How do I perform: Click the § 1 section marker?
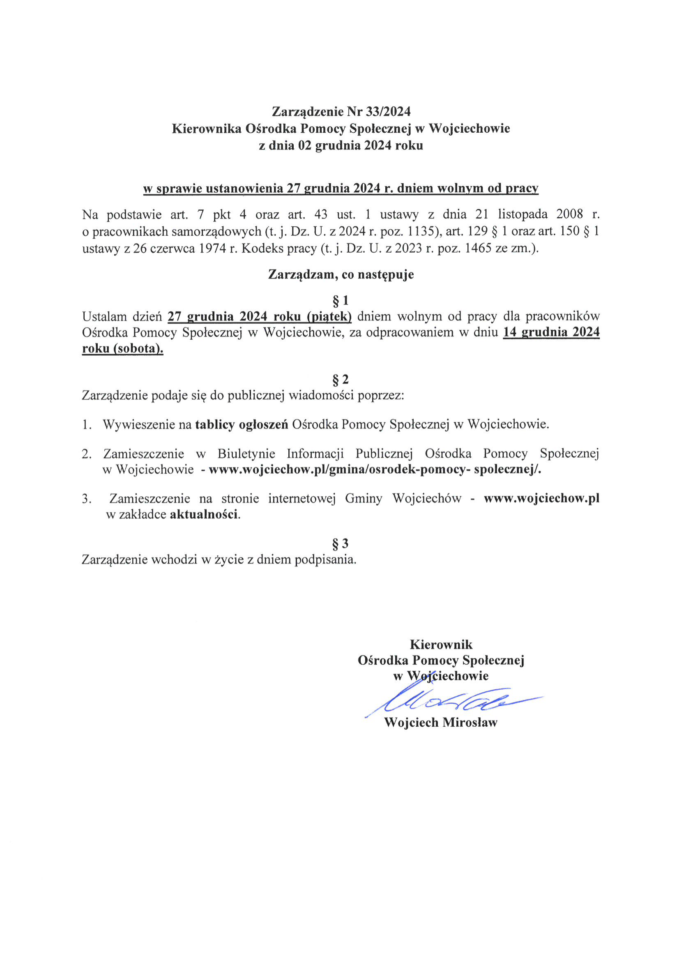[340, 301]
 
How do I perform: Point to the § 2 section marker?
[340, 379]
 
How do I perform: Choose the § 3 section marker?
[340, 543]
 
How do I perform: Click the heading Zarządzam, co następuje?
[341, 275]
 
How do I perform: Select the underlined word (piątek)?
[329, 317]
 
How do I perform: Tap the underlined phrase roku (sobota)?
[122, 348]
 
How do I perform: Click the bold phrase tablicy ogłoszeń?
[242, 424]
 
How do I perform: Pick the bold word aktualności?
[204, 514]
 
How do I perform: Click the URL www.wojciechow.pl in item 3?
[541, 498]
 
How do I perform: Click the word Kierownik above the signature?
[441, 645]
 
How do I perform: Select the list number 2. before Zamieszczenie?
[87, 454]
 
